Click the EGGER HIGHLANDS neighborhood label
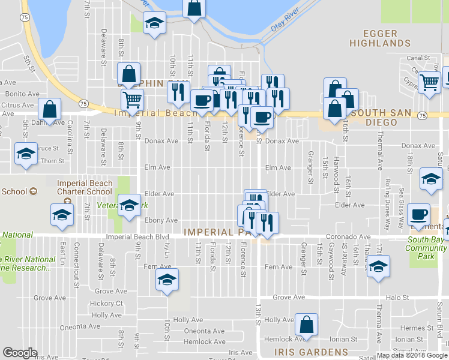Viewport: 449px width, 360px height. point(380,38)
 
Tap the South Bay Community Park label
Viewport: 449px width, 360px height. point(426,244)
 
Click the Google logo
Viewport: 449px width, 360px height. point(20,353)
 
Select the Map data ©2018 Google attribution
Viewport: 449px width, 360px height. point(412,355)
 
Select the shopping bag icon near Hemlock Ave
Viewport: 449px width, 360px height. point(306,325)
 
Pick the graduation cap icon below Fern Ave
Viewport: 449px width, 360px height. point(167,280)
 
